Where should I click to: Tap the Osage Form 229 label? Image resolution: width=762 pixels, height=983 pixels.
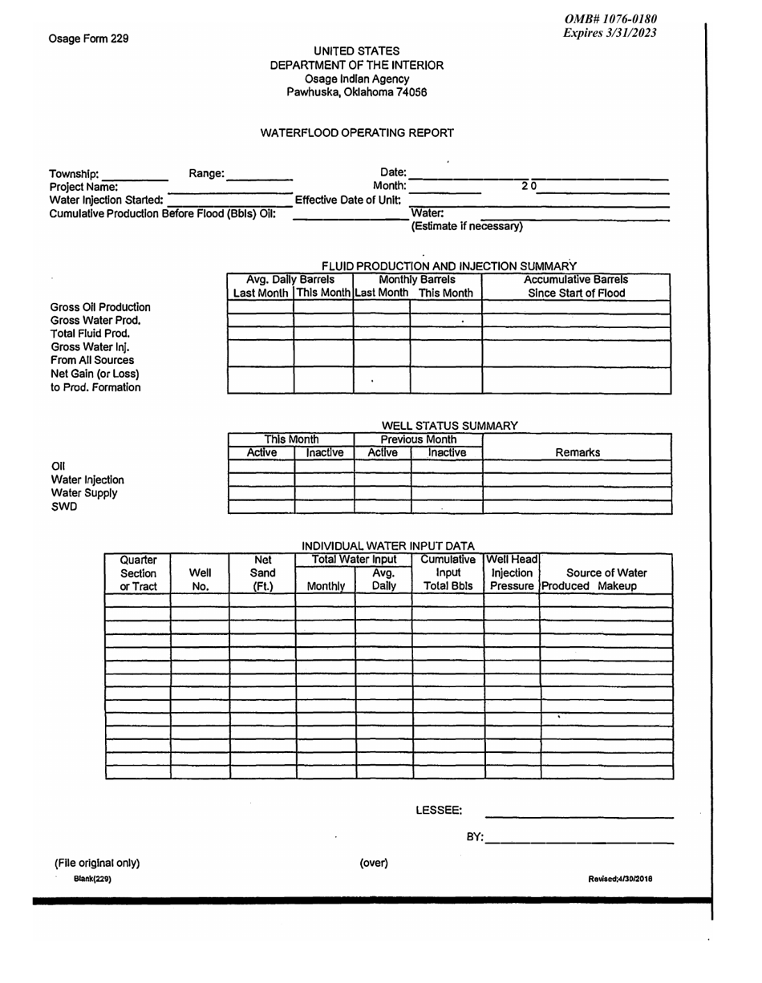[x=89, y=38]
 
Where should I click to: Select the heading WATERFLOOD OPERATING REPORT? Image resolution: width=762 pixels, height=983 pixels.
[x=358, y=132]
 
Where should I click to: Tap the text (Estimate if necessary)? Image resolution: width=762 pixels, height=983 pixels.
[x=467, y=227]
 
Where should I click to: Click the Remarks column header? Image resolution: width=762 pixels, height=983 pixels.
[x=578, y=453]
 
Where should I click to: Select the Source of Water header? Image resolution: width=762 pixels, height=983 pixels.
[x=606, y=572]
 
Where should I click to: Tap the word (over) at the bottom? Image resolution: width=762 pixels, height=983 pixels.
[x=374, y=863]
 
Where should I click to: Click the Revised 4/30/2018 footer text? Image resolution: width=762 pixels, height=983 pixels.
[x=620, y=879]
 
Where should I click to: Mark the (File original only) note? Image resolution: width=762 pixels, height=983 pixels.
[x=97, y=863]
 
